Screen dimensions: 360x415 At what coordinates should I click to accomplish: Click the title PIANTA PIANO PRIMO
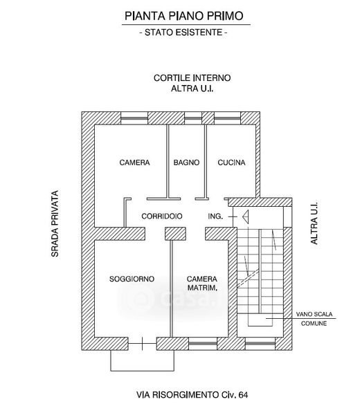click(x=184, y=16)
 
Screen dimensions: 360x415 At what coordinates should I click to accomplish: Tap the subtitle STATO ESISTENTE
click(x=183, y=33)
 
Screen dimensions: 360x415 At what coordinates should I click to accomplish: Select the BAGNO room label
click(x=186, y=163)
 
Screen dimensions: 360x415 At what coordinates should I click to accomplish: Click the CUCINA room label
click(x=231, y=163)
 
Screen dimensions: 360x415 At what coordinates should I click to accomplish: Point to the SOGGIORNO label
click(x=132, y=279)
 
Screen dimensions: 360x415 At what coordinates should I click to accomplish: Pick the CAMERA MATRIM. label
click(x=202, y=283)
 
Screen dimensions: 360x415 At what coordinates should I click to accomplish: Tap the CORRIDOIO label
click(x=162, y=216)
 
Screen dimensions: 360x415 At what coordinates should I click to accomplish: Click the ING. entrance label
click(x=215, y=216)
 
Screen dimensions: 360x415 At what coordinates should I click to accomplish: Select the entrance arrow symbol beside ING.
click(x=245, y=216)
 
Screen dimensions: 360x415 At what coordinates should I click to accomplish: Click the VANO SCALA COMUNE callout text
click(x=314, y=319)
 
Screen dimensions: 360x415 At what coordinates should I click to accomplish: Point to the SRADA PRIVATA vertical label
click(x=55, y=223)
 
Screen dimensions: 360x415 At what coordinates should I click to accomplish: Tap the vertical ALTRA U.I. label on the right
click(x=314, y=223)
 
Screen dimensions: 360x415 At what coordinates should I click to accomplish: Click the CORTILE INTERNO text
click(x=192, y=77)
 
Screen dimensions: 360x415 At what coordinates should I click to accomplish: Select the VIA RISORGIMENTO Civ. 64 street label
click(x=192, y=395)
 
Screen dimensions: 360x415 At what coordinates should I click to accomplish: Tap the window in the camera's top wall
click(x=134, y=118)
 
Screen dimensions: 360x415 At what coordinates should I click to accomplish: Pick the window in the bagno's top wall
click(x=193, y=118)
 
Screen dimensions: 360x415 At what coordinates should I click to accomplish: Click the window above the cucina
click(x=227, y=118)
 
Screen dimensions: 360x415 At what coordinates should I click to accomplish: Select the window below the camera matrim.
click(x=203, y=344)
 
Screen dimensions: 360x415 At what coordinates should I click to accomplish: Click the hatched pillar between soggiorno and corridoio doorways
click(x=175, y=234)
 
